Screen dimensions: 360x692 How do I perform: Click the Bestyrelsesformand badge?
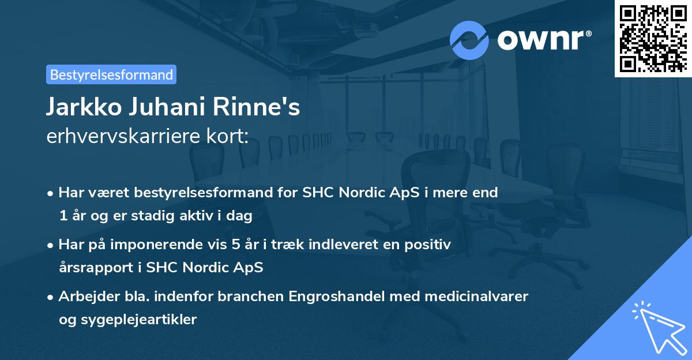pyautogui.click(x=111, y=74)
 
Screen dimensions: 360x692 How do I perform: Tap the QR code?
pyautogui.click(x=653, y=38)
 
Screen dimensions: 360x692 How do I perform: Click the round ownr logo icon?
pyautogui.click(x=469, y=40)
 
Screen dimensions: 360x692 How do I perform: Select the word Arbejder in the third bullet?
pyautogui.click(x=88, y=297)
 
